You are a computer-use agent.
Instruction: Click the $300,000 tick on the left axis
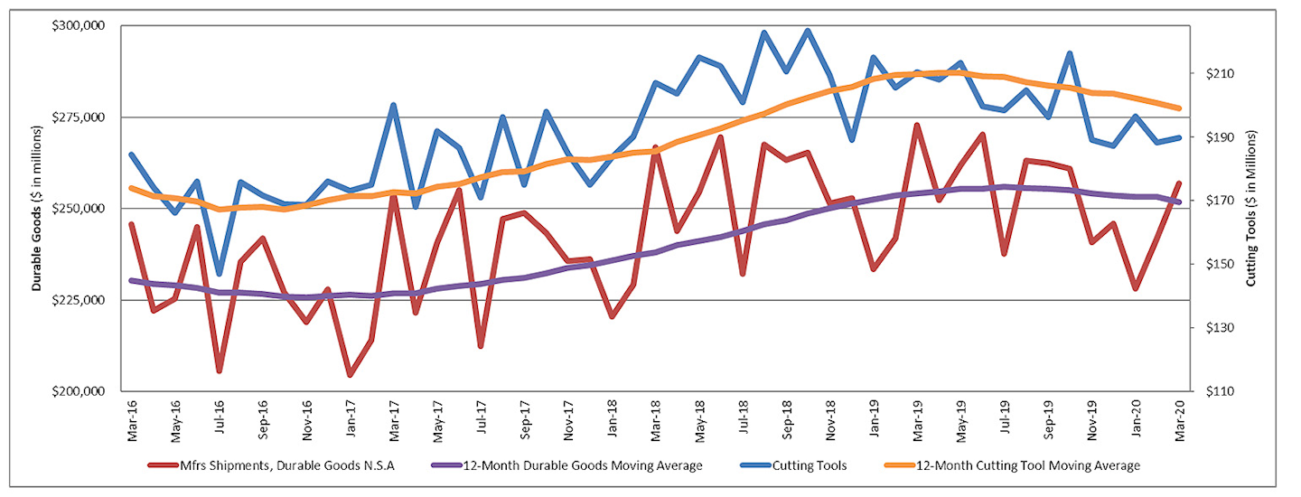coord(80,26)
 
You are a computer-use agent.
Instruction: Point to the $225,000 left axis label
coord(80,300)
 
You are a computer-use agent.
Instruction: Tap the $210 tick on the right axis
coord(1212,73)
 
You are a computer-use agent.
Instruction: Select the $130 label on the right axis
coord(1212,328)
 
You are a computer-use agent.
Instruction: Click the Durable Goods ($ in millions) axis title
coord(37,209)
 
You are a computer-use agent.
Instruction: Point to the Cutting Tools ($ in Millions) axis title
coord(1251,209)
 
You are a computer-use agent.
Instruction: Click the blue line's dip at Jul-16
coord(220,275)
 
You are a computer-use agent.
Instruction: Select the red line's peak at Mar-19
coord(917,126)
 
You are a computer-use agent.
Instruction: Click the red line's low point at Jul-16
coord(220,370)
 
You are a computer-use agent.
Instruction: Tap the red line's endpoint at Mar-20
coord(1179,183)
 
